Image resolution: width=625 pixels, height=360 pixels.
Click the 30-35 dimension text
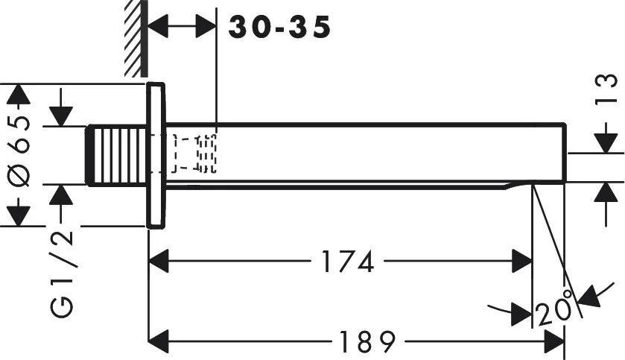pyautogui.click(x=279, y=27)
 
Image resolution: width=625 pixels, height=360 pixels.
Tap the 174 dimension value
pyautogui.click(x=348, y=262)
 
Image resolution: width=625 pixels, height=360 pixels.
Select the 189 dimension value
pyautogui.click(x=367, y=341)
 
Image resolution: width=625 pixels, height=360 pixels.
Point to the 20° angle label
pyautogui.click(x=554, y=306)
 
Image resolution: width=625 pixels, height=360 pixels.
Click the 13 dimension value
pyautogui.click(x=606, y=89)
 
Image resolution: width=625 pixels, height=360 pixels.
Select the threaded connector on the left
pyautogui.click(x=117, y=155)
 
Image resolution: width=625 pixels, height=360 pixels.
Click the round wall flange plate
pyautogui.click(x=156, y=156)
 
